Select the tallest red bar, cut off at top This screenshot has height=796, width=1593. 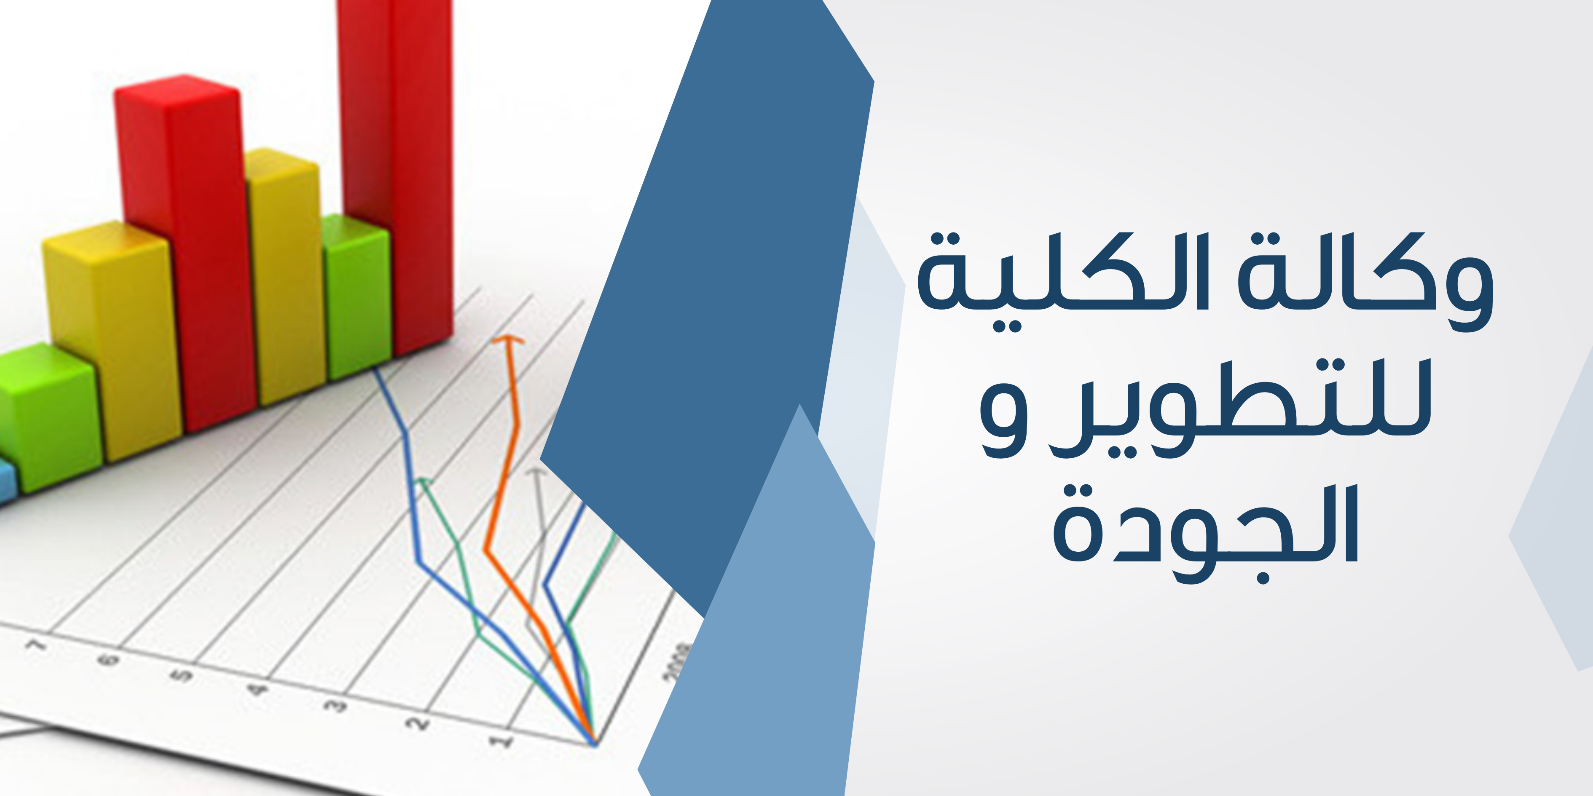pos(396,176)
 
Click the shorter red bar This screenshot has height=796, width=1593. pos(185,254)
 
